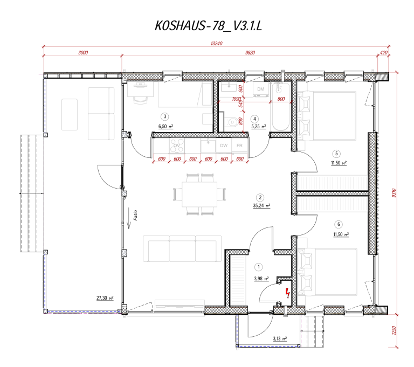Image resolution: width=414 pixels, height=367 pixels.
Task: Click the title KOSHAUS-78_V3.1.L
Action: [208, 26]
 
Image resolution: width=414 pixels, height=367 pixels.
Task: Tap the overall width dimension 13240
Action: [216, 45]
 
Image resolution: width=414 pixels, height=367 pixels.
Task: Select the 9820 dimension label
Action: [249, 53]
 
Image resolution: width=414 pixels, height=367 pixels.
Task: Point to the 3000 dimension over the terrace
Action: [82, 53]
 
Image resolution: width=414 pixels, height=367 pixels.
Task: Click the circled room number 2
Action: [260, 198]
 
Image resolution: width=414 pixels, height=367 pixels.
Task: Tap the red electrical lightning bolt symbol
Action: [288, 293]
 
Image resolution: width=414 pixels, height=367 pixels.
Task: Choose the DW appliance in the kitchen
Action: [224, 146]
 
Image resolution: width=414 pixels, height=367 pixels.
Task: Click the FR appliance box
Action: [239, 146]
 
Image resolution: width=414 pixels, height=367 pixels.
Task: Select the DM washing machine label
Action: [261, 88]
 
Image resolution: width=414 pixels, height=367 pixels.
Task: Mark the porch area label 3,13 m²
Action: [279, 338]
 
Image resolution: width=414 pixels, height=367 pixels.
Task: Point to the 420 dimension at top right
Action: [384, 53]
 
